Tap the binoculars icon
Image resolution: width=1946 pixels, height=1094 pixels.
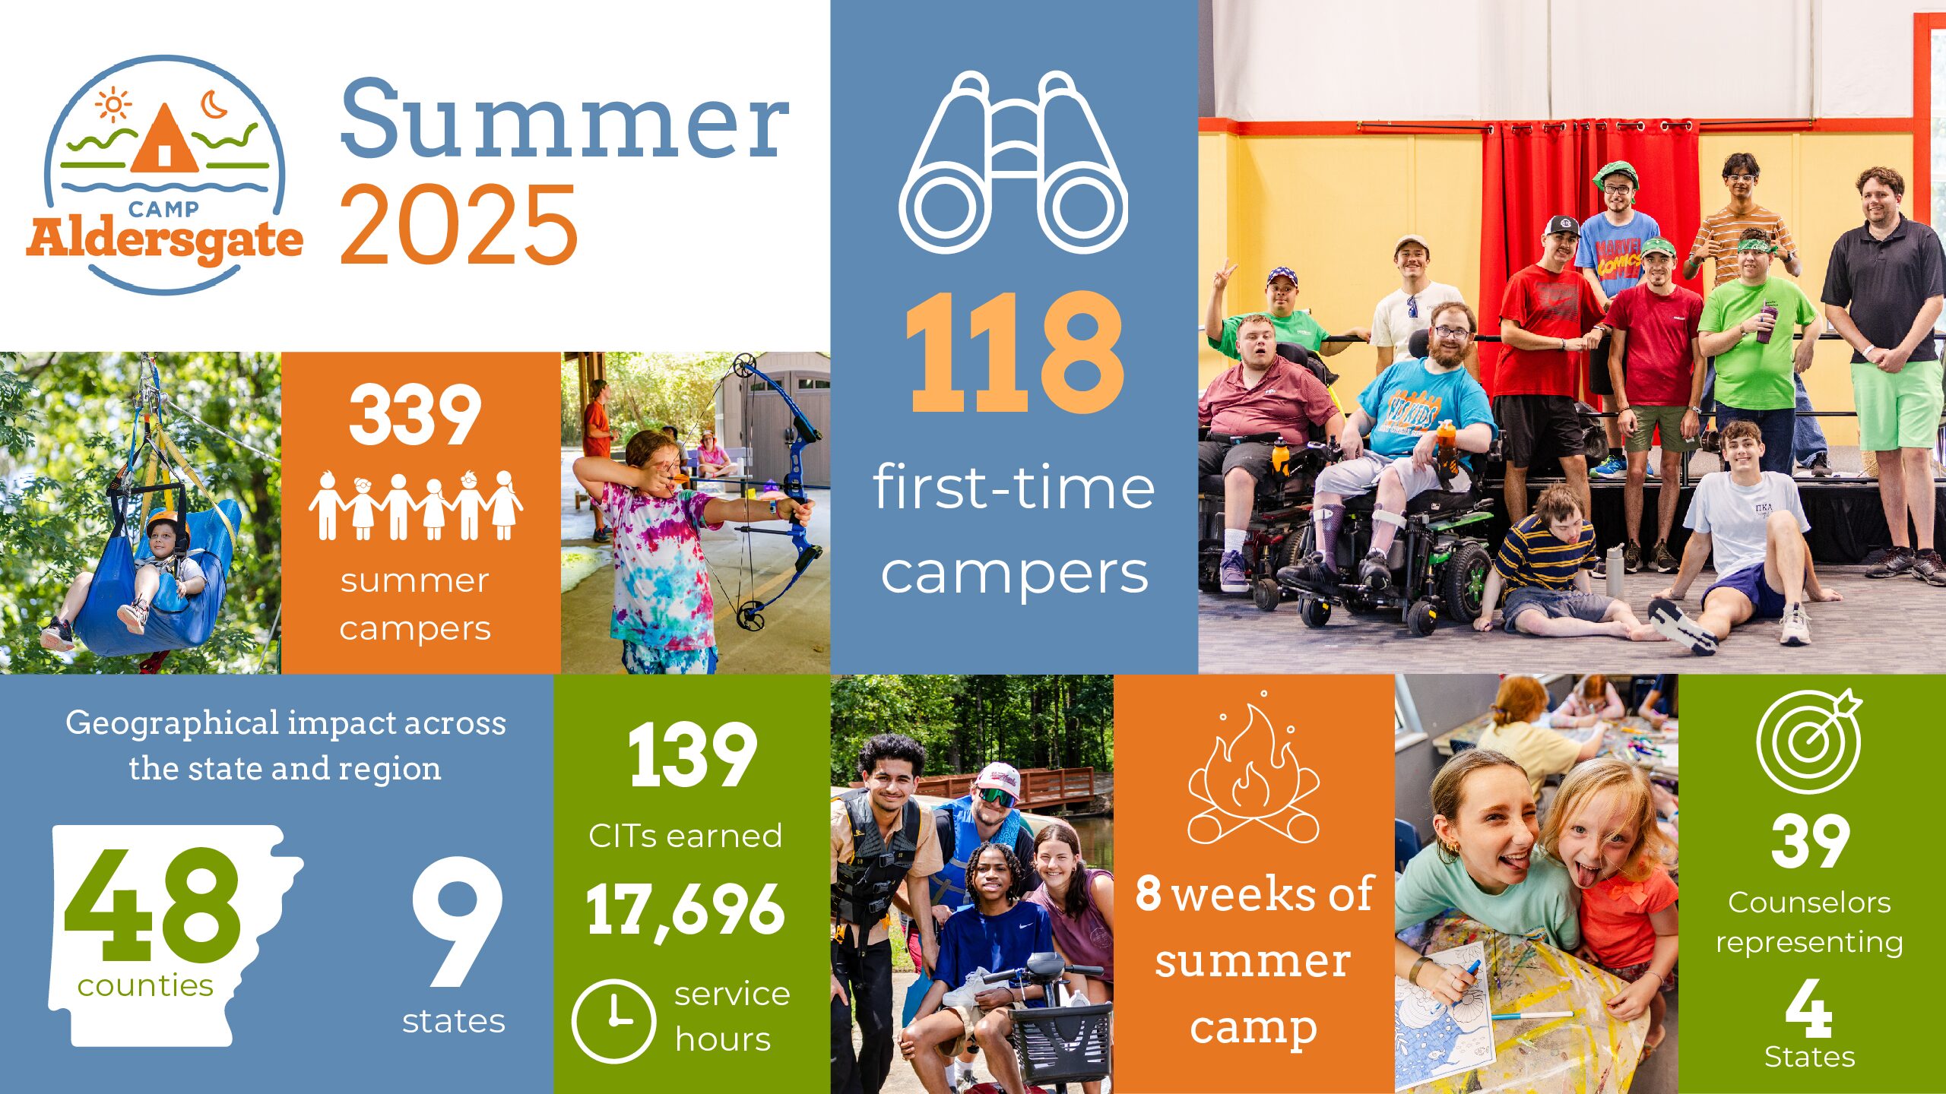coord(1013,163)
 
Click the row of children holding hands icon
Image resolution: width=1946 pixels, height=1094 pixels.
coord(416,504)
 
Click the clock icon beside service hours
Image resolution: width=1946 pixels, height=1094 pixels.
coord(613,1020)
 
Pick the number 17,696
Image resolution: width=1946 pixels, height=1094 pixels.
coord(685,911)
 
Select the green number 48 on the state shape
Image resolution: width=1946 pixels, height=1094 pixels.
coord(153,905)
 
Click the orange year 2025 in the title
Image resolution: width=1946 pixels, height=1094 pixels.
coord(458,225)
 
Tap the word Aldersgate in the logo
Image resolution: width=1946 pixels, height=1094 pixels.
coord(164,240)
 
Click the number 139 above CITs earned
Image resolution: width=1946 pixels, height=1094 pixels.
coord(693,755)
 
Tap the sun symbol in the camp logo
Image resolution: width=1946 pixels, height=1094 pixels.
coord(113,106)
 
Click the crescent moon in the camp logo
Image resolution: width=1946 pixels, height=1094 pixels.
coord(214,104)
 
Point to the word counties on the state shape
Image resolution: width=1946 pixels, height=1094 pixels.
coord(145,985)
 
